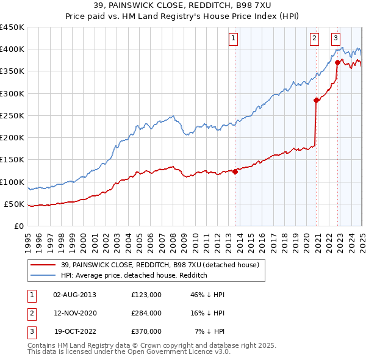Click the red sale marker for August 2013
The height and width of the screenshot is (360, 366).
pos(235,171)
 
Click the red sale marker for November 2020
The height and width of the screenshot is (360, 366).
pos(317,100)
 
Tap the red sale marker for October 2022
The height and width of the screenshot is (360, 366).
pos(337,62)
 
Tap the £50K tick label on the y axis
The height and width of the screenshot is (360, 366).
pos(15,204)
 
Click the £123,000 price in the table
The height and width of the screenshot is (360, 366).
pos(146,295)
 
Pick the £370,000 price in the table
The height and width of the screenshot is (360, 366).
pos(146,331)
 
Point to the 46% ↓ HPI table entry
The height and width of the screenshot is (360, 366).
pos(207,295)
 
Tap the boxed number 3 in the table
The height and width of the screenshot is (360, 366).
pos(31,331)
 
